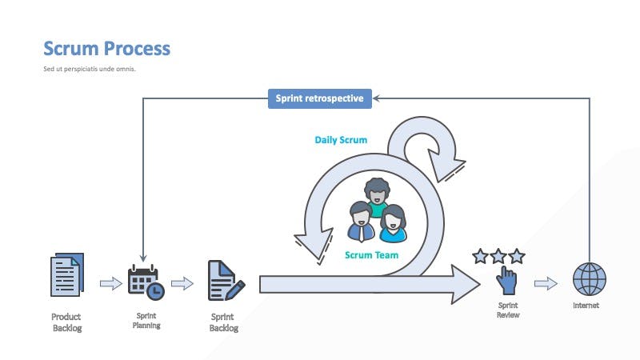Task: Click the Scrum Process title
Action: (106, 49)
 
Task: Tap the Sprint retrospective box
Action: (320, 98)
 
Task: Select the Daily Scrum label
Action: (341, 140)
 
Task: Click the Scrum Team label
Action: (371, 255)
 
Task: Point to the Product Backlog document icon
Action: (67, 274)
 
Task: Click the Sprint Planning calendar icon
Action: (146, 282)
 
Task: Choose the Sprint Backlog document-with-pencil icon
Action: (226, 281)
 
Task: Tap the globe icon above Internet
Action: (590, 279)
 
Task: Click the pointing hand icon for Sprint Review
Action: (506, 281)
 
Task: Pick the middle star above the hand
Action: (498, 256)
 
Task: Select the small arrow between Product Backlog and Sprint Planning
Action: (111, 283)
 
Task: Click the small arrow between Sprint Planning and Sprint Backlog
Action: (182, 283)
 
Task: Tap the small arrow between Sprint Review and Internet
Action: (546, 283)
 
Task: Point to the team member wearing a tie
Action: (362, 222)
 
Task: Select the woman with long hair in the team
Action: (393, 224)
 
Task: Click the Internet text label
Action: (586, 306)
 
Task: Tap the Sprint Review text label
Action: (508, 310)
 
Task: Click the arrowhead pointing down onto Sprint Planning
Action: (143, 258)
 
